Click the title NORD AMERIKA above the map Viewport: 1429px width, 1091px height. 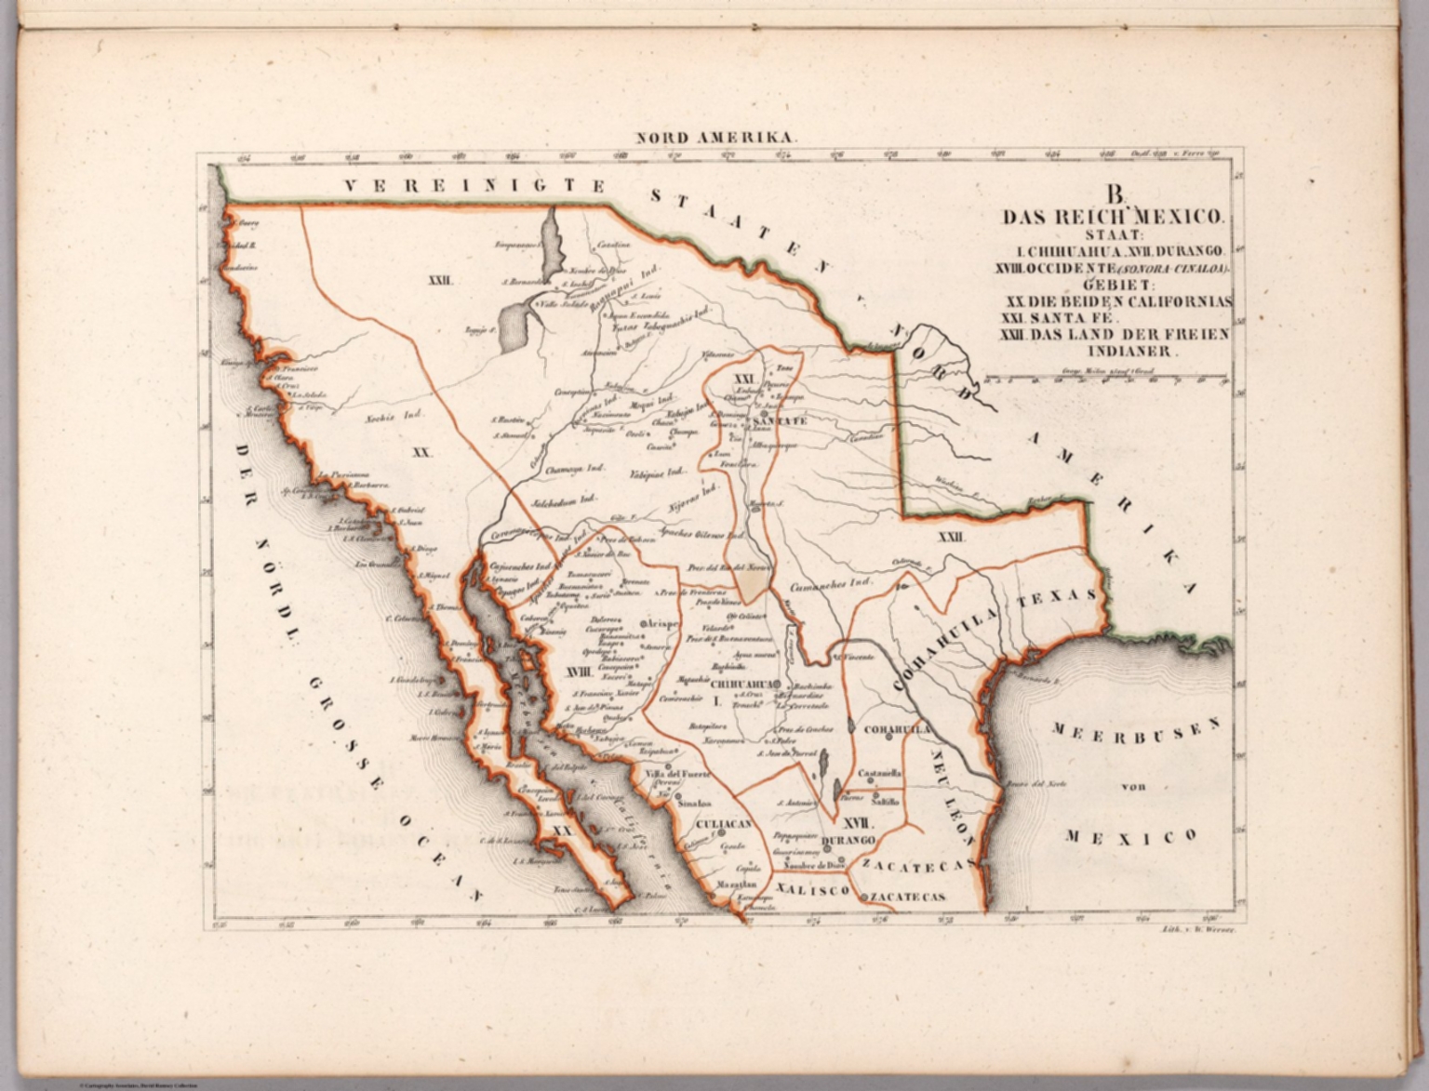715,137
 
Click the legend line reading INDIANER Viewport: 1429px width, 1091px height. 1129,352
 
